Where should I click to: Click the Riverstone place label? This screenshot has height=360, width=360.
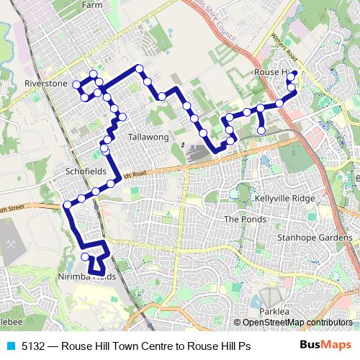(x=45, y=84)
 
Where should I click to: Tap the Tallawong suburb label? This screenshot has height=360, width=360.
(x=147, y=137)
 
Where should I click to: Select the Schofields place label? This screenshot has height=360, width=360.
(x=86, y=172)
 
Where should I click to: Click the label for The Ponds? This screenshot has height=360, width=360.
(x=245, y=219)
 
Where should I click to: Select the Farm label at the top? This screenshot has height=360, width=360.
(x=92, y=4)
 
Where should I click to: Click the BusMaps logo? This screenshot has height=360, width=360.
(x=325, y=345)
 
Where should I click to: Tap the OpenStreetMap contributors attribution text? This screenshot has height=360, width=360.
(x=297, y=323)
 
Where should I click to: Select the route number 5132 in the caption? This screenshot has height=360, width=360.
(x=35, y=346)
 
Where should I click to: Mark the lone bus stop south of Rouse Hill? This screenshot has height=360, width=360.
(x=261, y=130)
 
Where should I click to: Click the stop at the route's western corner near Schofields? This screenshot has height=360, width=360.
(x=68, y=205)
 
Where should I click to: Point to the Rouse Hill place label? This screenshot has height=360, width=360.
(x=271, y=73)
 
